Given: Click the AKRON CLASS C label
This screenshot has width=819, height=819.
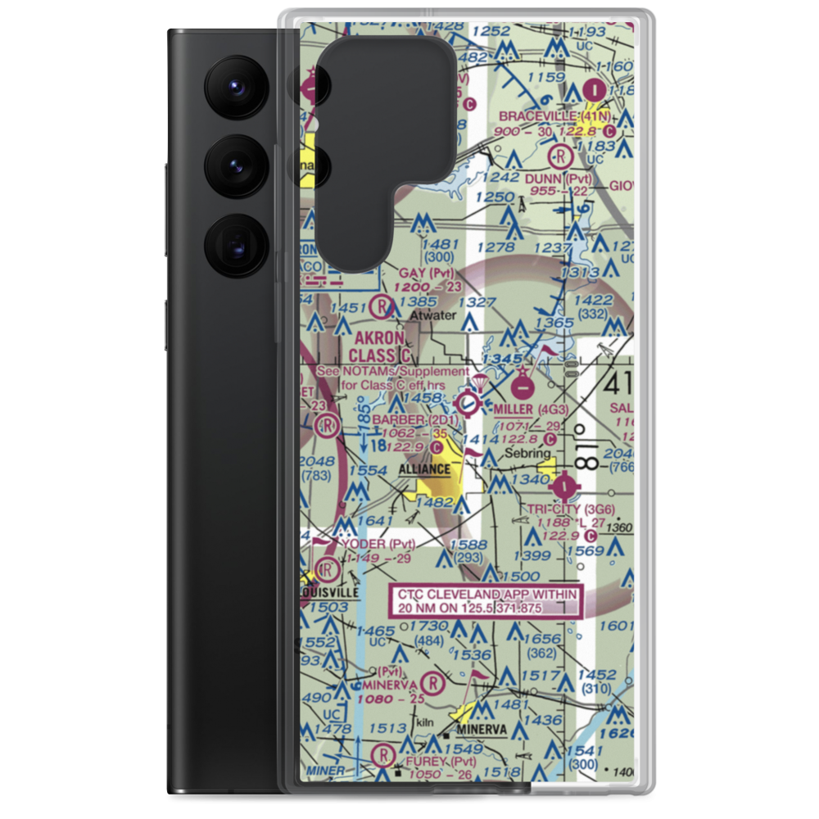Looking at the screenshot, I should click(378, 346).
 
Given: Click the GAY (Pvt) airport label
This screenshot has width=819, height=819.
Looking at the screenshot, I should click(426, 272).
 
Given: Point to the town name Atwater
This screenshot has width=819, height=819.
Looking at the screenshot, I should click(433, 314).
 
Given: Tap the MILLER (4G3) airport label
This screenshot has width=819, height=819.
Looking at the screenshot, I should click(531, 409).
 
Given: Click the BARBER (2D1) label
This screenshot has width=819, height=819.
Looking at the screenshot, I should click(409, 420).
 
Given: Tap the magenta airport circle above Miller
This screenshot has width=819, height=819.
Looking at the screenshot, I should click(522, 383).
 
